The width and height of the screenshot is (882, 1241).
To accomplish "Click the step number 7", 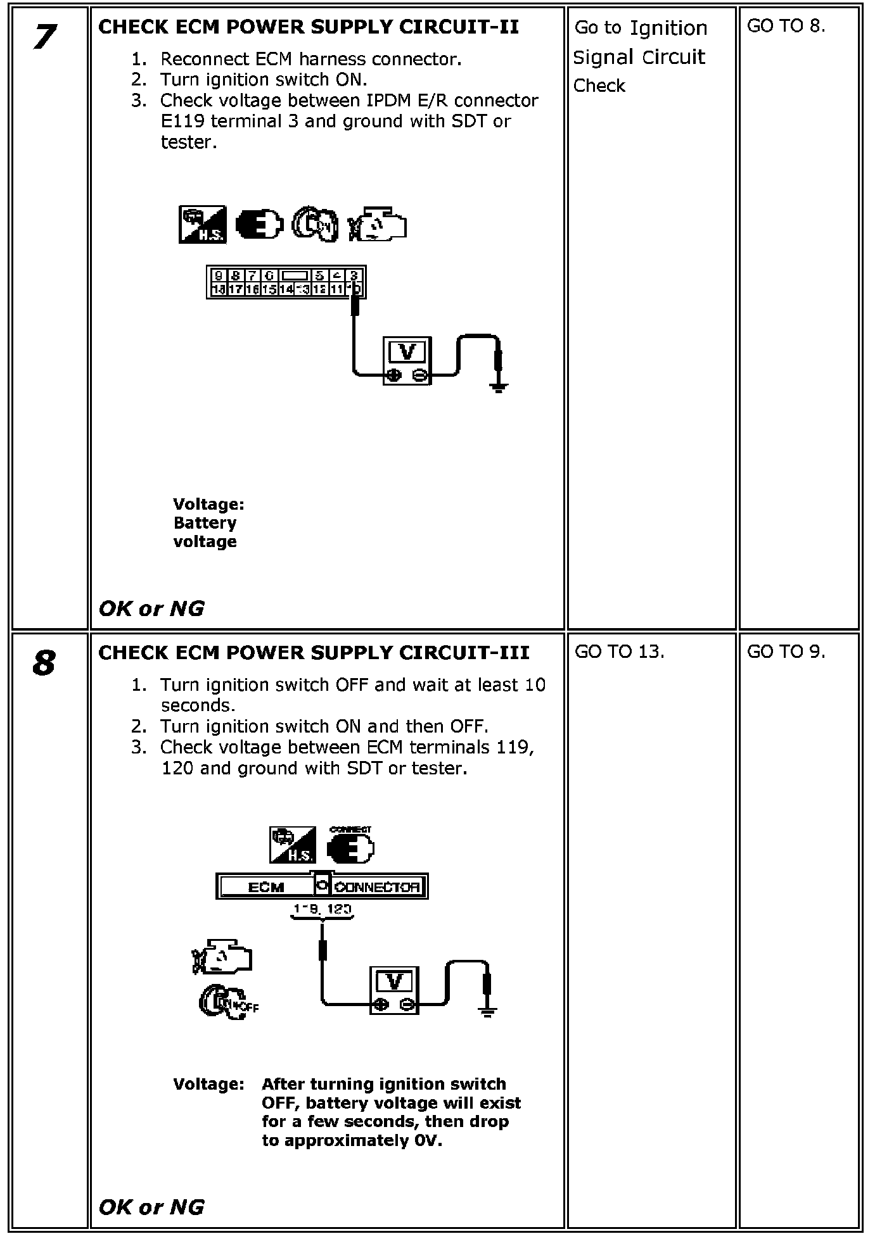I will pos(42,37).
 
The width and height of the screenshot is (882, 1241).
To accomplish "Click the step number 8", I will pos(42,663).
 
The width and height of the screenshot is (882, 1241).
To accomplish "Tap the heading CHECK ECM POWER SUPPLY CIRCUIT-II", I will pos(309,27).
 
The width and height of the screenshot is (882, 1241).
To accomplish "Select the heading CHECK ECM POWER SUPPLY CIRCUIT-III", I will pos(314,653).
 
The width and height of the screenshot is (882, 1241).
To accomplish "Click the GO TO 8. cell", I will pos(786,26).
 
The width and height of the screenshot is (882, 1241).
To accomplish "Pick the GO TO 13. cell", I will pos(619,652).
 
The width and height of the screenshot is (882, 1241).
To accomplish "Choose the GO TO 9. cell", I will pos(786,652).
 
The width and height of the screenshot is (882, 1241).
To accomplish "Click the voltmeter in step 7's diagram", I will pos(407,361).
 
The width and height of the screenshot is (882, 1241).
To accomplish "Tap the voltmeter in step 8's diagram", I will pos(393,990).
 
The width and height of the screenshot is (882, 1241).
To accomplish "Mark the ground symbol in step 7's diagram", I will pos(499,386).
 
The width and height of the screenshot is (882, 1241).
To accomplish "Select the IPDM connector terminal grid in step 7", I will pos(286,282).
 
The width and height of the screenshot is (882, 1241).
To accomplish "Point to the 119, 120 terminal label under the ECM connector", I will pos(322,910).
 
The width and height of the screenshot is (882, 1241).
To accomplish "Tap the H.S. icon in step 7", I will pos(202,225).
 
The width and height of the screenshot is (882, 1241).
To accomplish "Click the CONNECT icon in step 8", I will pos(351,845).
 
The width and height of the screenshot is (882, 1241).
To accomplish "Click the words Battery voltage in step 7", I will pos(205,532).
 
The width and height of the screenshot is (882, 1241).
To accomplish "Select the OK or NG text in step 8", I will pos(151,1207).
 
